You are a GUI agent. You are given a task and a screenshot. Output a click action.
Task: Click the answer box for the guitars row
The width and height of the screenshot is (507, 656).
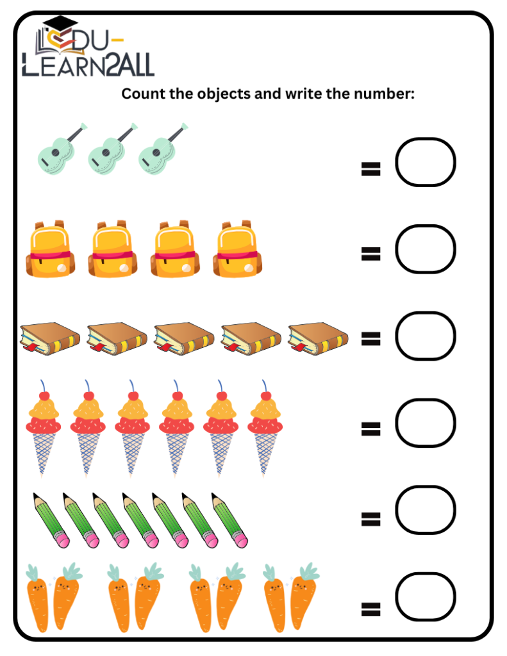click(x=425, y=162)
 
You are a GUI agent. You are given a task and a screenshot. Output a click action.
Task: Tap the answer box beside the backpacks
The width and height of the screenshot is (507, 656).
click(x=425, y=249)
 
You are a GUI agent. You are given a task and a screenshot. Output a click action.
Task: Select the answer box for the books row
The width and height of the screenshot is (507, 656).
click(x=425, y=336)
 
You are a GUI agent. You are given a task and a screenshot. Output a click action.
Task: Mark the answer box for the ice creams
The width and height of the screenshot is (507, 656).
click(x=425, y=423)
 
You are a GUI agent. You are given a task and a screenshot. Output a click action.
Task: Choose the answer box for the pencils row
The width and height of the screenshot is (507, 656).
click(x=425, y=510)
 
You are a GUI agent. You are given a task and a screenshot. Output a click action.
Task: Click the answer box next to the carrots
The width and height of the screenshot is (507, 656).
click(x=425, y=597)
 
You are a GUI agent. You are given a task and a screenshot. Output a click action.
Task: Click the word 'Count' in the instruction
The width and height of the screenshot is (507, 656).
click(x=140, y=94)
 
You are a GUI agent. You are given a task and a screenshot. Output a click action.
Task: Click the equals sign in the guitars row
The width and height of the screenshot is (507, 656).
click(x=370, y=169)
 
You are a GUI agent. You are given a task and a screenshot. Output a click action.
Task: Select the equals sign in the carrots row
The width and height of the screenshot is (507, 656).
click(x=370, y=609)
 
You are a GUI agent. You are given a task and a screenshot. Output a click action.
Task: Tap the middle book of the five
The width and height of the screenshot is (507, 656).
click(x=184, y=337)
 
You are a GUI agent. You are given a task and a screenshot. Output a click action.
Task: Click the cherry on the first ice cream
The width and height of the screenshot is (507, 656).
click(x=44, y=395)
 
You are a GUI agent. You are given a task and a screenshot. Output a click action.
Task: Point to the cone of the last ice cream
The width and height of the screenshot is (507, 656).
click(x=265, y=452)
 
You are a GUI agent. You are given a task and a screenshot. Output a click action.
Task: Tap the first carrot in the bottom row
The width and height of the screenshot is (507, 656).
click(x=37, y=599)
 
